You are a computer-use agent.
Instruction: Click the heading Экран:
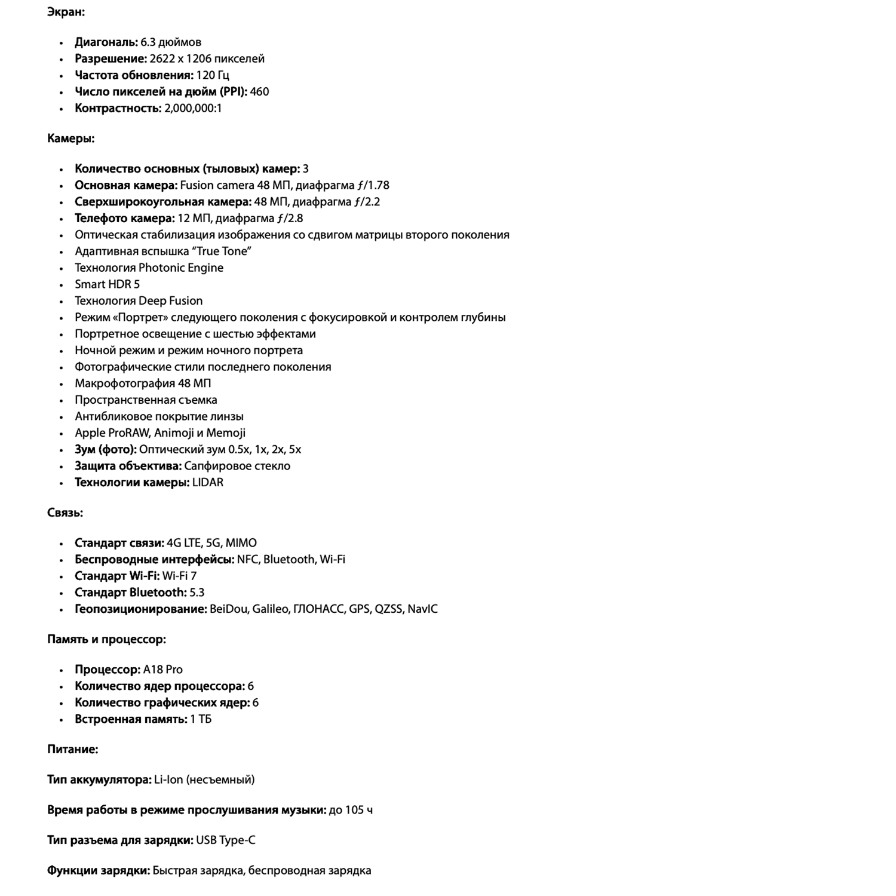coord(66,12)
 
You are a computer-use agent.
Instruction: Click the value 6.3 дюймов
coord(171,42)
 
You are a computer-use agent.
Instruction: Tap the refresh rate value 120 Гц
coord(213,75)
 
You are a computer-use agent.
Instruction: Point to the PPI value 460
coord(259,92)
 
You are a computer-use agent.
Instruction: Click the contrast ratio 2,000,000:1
coord(193,108)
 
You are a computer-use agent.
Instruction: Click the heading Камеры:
coord(70,139)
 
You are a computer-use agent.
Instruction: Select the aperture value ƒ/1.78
coord(372,186)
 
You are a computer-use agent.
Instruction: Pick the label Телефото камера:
coord(124,219)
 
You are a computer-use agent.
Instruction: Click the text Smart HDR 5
coord(107,284)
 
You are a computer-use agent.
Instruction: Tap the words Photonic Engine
coord(181,268)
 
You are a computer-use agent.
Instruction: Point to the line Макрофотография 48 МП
coord(143,383)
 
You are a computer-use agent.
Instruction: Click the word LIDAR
coord(208,483)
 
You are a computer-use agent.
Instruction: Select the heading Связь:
coord(65,513)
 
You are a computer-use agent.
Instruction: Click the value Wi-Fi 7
coord(179,576)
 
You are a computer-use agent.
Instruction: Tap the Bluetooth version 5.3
coord(197,593)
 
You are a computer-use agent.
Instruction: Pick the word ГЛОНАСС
coord(319,609)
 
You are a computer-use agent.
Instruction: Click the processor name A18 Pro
coord(162,670)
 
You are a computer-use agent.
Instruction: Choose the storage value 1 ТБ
coord(201,719)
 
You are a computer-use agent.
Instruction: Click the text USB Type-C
coord(225,840)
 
